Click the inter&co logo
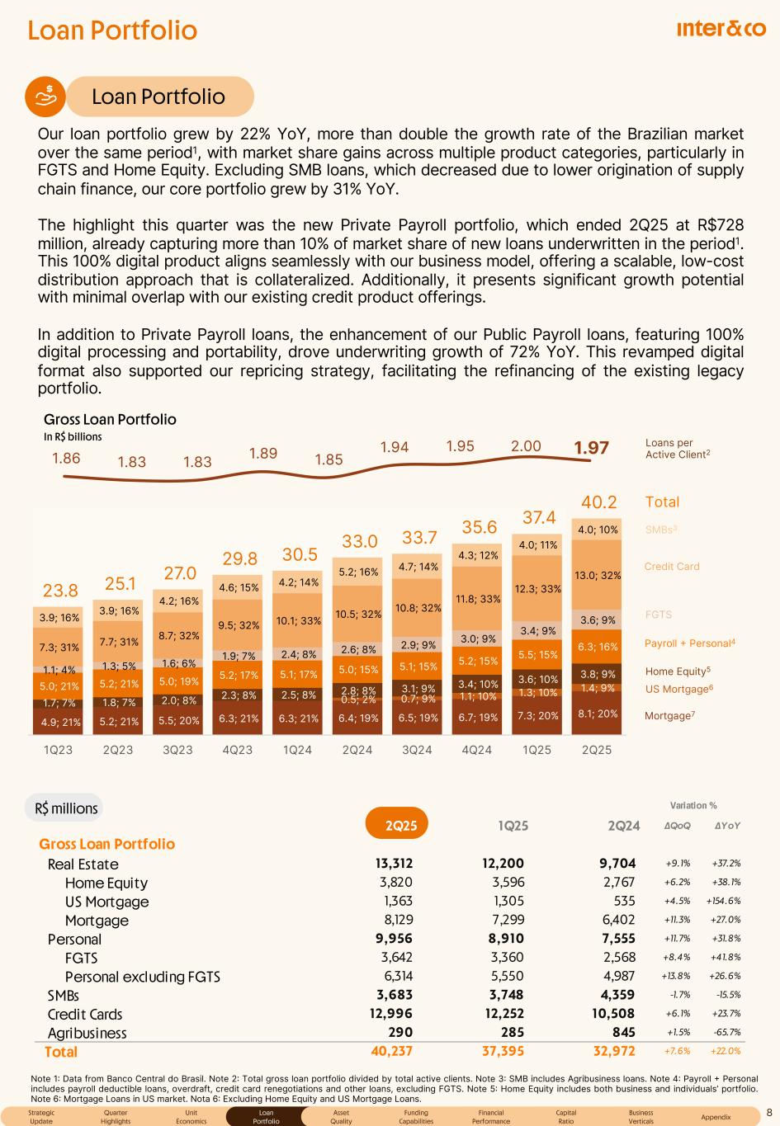click(x=721, y=29)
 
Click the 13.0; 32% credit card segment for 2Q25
click(x=598, y=575)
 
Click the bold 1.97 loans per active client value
click(x=592, y=448)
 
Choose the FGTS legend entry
click(x=658, y=615)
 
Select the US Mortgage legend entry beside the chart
click(x=678, y=689)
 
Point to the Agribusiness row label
click(x=87, y=1033)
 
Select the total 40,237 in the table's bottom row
click(x=390, y=1051)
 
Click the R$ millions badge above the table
click(x=67, y=808)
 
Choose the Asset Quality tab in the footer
click(x=341, y=1117)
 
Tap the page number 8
click(x=768, y=1112)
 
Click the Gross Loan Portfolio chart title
click(x=110, y=419)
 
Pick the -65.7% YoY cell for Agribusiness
click(x=726, y=1033)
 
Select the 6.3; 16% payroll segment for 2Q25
click(x=598, y=648)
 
